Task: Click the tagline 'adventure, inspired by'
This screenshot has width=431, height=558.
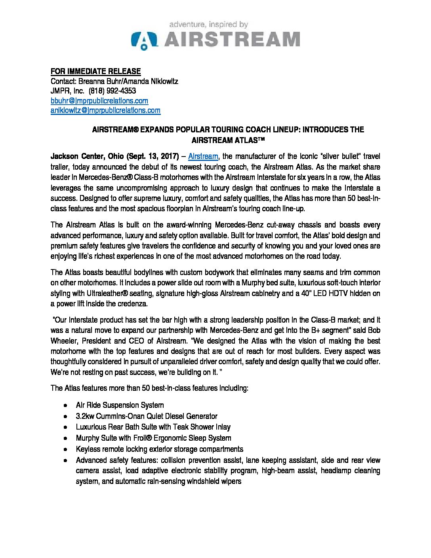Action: [x=208, y=25]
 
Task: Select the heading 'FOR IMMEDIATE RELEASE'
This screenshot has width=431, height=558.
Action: [x=95, y=72]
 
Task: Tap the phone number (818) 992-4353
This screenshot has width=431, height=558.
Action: [x=113, y=91]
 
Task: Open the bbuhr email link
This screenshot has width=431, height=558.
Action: [x=99, y=101]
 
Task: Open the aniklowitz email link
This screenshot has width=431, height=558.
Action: [x=105, y=111]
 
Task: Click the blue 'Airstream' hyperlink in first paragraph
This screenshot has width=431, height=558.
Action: [x=203, y=155]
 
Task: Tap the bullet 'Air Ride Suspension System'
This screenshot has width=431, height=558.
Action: [x=120, y=405]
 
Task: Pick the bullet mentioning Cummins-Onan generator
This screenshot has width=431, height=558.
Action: [x=147, y=416]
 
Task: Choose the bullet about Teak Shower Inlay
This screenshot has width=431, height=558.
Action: [x=153, y=427]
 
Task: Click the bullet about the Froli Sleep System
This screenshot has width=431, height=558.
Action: [x=153, y=438]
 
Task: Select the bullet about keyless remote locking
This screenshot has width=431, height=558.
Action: [x=159, y=449]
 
